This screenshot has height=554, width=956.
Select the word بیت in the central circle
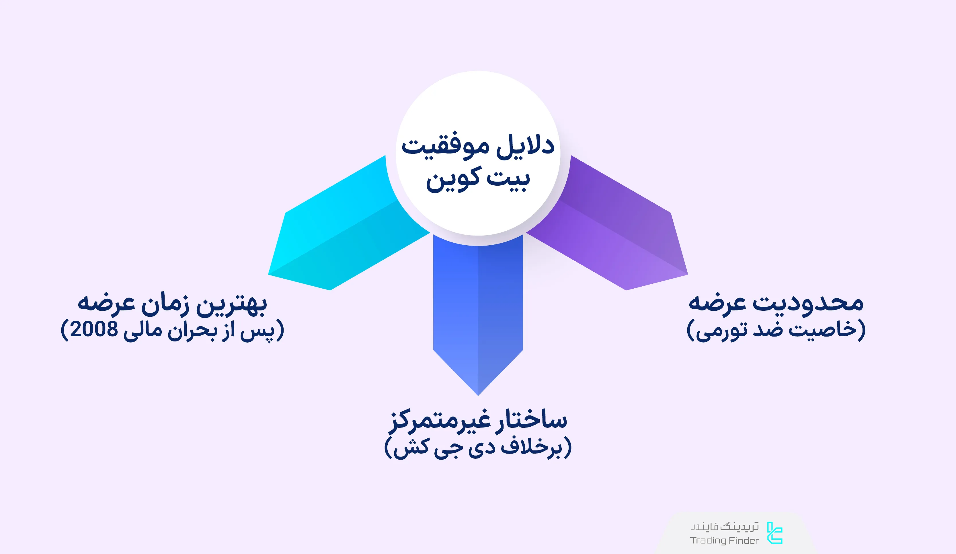pyautogui.click(x=508, y=179)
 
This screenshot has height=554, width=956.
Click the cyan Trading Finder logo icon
pyautogui.click(x=775, y=533)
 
